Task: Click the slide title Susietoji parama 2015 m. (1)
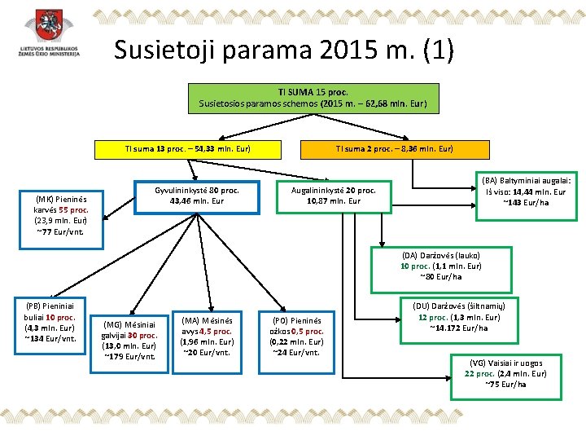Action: pyautogui.click(x=283, y=51)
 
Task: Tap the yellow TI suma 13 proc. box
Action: pyautogui.click(x=187, y=149)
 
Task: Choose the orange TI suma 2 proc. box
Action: pyautogui.click(x=395, y=149)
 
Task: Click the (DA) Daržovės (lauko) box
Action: pyautogui.click(x=441, y=266)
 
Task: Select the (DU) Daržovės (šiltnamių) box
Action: pyautogui.click(x=458, y=317)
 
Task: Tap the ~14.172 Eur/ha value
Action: pyautogui.click(x=458, y=328)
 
